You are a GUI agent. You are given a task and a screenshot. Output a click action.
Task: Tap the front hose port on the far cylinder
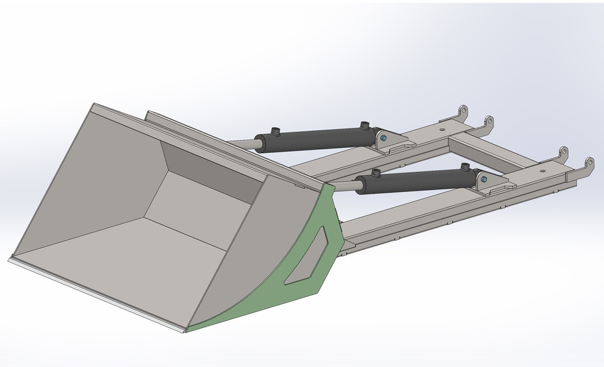point(275,132)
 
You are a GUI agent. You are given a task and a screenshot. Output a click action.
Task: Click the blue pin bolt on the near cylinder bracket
point(484,179)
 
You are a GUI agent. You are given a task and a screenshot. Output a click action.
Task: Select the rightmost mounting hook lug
point(589,164)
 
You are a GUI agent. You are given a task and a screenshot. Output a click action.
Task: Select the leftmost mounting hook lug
point(462,111)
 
